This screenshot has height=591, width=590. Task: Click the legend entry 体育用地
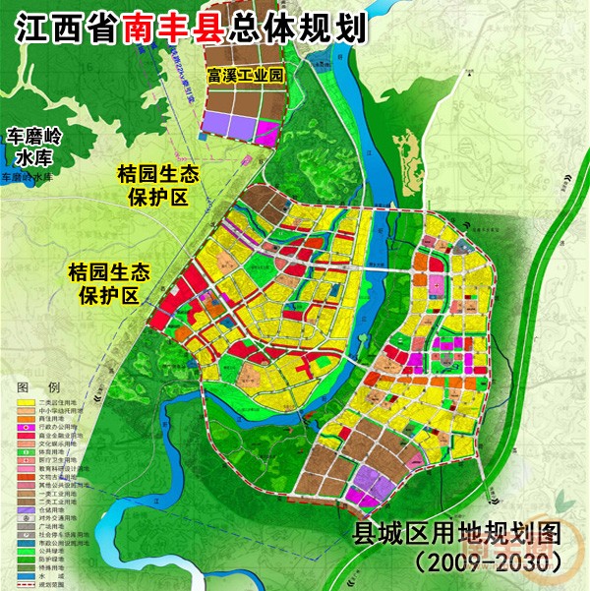point(49,452)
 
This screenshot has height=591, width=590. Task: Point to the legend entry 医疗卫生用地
point(54,461)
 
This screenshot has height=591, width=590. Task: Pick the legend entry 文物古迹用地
point(54,477)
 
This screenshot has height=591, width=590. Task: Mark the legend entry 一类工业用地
point(54,494)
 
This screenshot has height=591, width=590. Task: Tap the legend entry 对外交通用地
point(54,518)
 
